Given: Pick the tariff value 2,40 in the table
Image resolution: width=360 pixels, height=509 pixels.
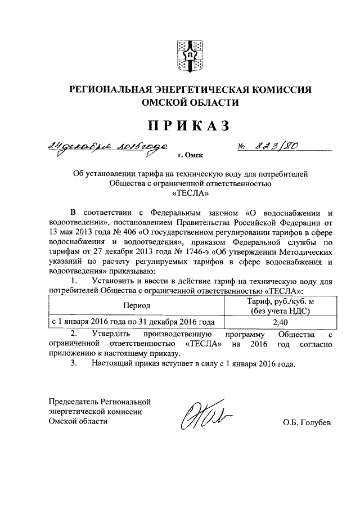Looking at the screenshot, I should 280,323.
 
